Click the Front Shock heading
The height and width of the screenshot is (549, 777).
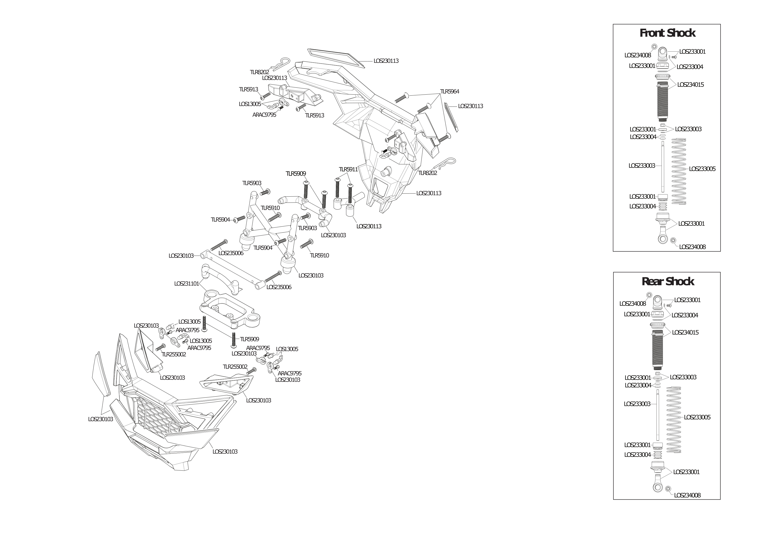667,33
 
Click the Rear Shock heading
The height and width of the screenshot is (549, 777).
668,281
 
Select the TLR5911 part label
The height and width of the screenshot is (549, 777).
348,169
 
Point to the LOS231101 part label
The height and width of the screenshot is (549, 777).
186,284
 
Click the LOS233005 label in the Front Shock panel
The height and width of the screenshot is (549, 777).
702,169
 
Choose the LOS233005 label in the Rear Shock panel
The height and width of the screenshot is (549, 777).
697,417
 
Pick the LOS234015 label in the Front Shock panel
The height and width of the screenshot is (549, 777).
690,85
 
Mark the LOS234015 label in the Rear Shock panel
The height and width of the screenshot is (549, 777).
685,333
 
